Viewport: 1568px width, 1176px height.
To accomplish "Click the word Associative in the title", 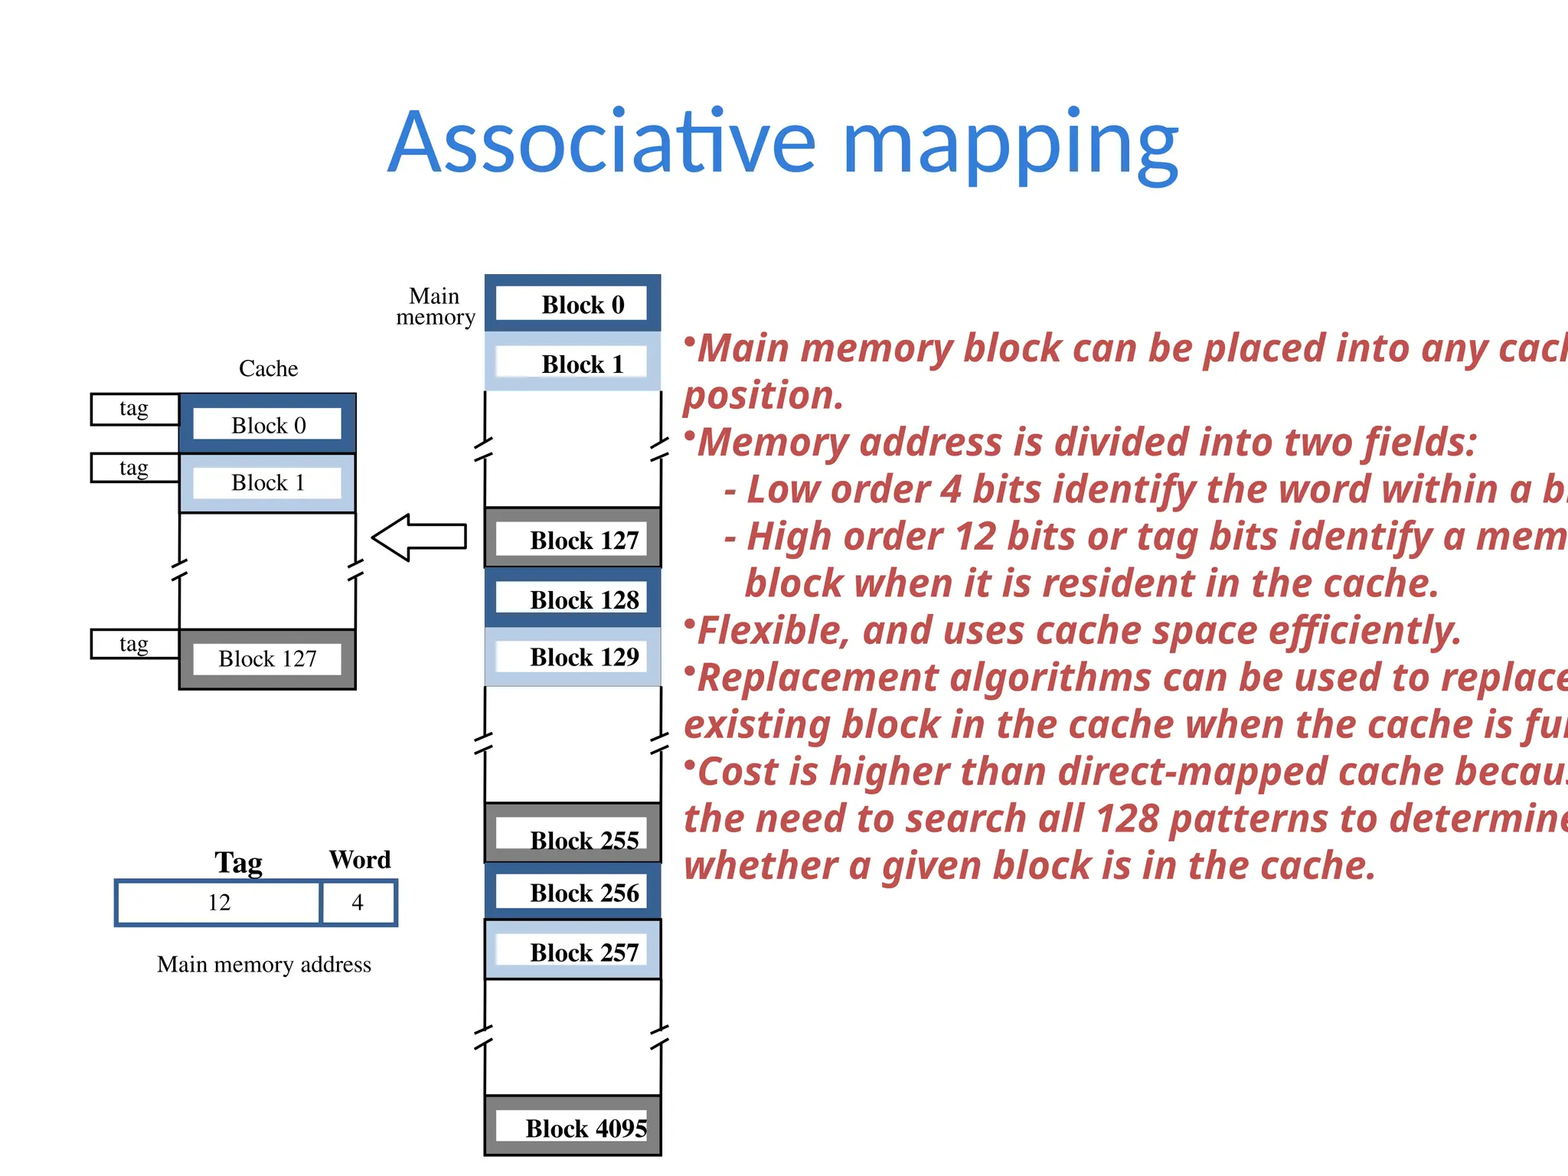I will click(x=602, y=144).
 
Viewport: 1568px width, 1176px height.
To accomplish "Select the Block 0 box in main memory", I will click(x=573, y=304).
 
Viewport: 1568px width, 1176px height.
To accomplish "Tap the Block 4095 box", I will click(x=573, y=1127).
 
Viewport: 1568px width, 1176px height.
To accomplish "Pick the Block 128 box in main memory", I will click(x=573, y=599).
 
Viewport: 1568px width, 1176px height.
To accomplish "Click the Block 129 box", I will click(x=573, y=656).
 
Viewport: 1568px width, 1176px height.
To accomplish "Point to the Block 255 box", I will click(x=573, y=835).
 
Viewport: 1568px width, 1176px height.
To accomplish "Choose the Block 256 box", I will click(x=573, y=892).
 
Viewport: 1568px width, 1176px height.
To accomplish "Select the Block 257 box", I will click(x=573, y=951).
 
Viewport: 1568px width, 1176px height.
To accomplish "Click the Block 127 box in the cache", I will click(x=267, y=658).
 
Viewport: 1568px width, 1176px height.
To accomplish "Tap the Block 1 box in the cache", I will click(x=267, y=483).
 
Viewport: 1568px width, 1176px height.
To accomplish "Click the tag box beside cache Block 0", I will click(x=134, y=409).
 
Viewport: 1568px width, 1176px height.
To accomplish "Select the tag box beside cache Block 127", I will click(x=134, y=644).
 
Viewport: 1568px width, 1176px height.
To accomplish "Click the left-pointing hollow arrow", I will click(x=420, y=537).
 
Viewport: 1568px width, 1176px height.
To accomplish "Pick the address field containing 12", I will click(x=219, y=903).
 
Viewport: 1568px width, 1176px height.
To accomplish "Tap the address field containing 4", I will click(x=358, y=903).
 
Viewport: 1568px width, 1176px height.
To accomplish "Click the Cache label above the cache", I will click(x=268, y=368).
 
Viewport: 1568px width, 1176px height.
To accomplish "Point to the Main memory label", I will click(x=435, y=306).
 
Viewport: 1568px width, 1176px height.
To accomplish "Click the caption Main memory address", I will click(x=264, y=964).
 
